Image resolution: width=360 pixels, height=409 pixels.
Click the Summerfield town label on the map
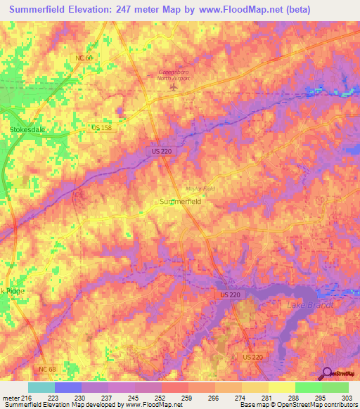[181, 201]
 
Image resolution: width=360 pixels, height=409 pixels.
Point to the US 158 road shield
[101, 127]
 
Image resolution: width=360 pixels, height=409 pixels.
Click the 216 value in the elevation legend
[29, 398]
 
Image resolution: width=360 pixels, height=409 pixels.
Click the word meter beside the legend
[11, 398]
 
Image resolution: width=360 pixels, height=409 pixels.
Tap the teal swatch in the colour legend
[41, 387]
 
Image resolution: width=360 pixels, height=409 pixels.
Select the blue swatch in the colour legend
[68, 387]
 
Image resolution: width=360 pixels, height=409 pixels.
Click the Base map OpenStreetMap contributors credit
[296, 405]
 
